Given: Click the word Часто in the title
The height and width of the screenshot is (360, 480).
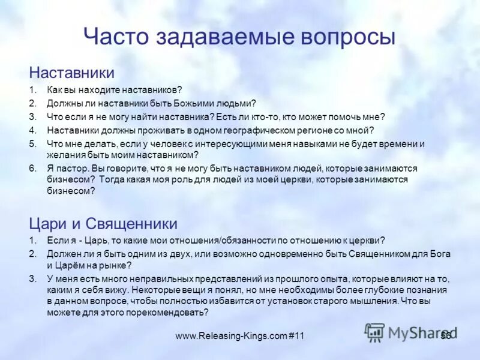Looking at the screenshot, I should coord(115,37).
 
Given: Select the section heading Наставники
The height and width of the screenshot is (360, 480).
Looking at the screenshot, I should coord(72,73).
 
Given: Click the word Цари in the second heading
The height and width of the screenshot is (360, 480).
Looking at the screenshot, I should coord(50,224).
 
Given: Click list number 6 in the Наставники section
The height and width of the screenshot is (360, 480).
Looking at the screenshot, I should coord(33,169).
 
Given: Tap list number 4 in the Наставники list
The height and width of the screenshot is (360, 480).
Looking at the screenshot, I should coord(33,130).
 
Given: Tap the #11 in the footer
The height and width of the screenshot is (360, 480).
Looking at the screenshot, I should coord(296,336).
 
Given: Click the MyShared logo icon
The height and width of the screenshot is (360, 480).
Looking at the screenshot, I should coord(375,332).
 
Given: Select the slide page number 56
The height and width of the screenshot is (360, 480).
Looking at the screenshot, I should coord(445,335).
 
